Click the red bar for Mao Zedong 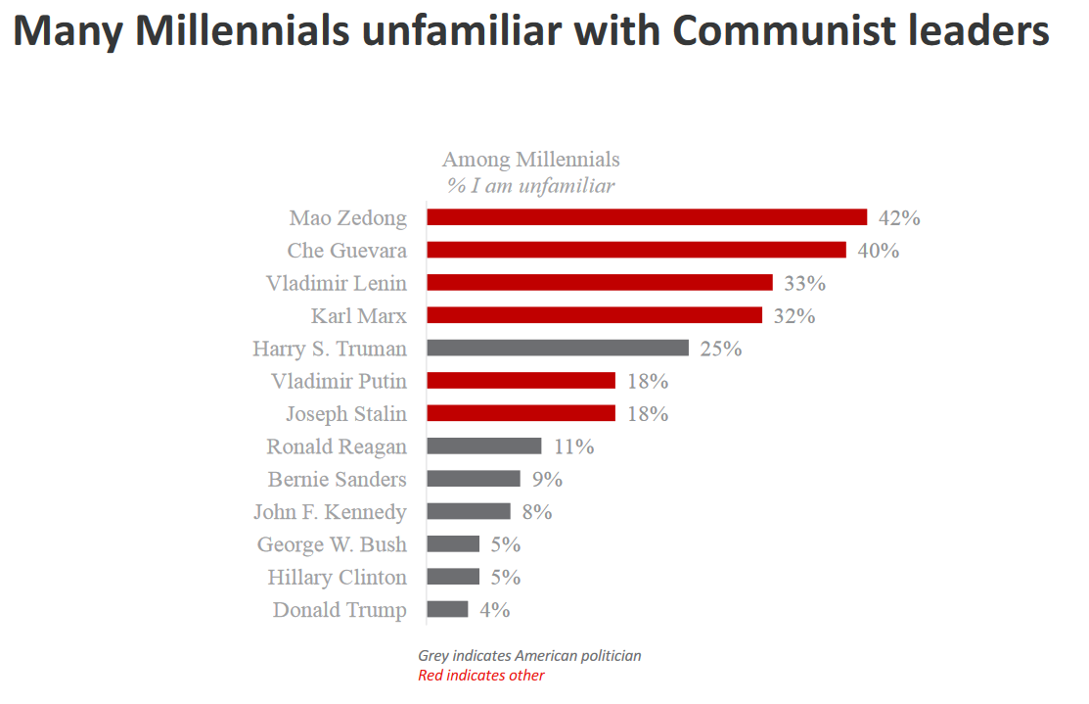[647, 217]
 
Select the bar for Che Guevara [636, 250]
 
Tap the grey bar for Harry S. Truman [558, 348]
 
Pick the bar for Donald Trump [448, 609]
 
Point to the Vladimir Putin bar [521, 381]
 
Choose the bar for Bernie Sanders [474, 479]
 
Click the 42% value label [899, 217]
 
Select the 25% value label [720, 348]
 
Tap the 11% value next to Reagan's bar [573, 446]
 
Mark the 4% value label [494, 609]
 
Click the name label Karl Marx [358, 315]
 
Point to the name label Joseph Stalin [346, 413]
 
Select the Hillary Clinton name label [338, 577]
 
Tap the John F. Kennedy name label [330, 511]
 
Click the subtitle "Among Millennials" [530, 159]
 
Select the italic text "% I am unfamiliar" [530, 185]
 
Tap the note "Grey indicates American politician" [529, 655]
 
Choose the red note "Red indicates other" [481, 675]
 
